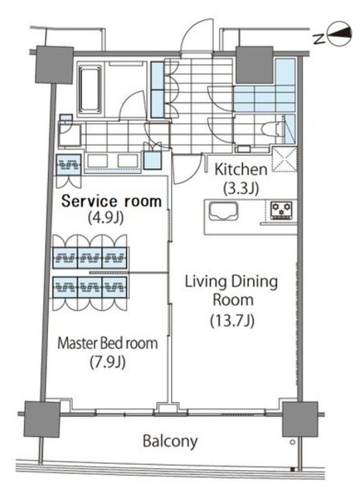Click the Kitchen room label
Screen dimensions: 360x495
(x=241, y=169)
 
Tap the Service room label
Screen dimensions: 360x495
(x=111, y=201)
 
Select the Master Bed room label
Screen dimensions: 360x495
(x=108, y=343)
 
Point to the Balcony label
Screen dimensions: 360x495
(x=170, y=441)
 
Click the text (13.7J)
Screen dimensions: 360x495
(x=232, y=321)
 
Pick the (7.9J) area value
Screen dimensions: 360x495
(x=108, y=362)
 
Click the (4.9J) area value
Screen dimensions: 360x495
(x=105, y=217)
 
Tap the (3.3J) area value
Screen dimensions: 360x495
(x=241, y=189)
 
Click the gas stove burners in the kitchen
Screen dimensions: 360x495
(x=281, y=210)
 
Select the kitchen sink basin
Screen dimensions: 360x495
(x=223, y=211)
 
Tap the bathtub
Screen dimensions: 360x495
(x=91, y=89)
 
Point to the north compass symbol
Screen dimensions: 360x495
(x=340, y=33)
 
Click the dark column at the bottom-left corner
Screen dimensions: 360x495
(x=42, y=419)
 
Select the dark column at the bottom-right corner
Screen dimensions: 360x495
(x=300, y=419)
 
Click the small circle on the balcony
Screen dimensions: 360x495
(x=293, y=442)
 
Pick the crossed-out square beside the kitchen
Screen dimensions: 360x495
(x=284, y=159)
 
